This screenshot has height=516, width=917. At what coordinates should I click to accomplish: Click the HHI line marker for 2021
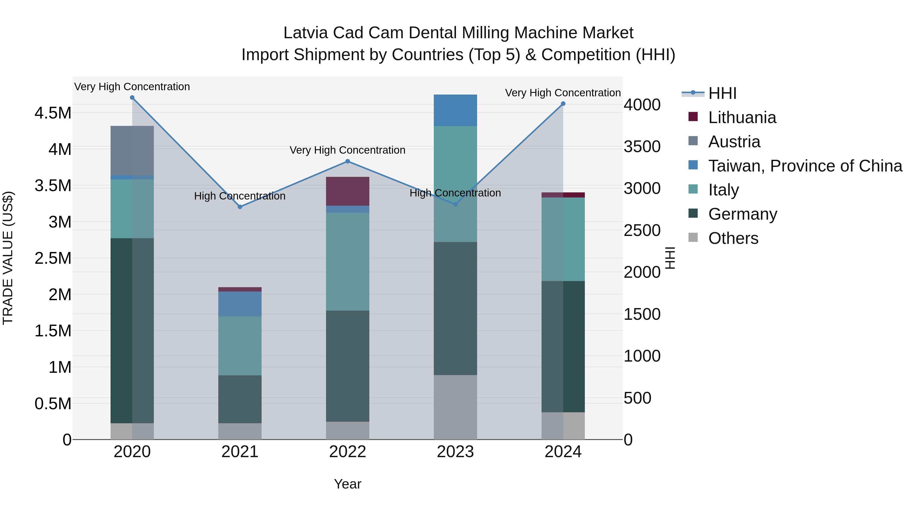click(240, 207)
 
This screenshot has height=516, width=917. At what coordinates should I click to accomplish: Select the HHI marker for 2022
click(348, 161)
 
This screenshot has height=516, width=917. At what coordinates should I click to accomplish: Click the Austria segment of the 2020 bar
click(132, 150)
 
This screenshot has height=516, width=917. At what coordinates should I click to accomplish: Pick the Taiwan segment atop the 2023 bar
click(455, 110)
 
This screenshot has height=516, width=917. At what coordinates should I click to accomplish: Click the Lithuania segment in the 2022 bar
click(348, 191)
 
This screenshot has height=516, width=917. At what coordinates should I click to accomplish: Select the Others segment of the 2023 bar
click(455, 407)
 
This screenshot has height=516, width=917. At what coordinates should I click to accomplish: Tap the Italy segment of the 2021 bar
click(240, 346)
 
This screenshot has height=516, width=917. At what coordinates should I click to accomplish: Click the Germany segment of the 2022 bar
click(348, 366)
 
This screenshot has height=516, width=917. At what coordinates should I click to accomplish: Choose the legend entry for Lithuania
click(741, 117)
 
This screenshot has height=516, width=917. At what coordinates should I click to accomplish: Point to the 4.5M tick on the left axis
click(53, 113)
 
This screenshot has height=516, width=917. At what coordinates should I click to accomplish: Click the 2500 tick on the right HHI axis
click(642, 230)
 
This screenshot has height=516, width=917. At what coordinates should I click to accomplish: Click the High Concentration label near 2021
click(240, 196)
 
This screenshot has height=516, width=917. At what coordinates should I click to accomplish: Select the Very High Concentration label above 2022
click(347, 150)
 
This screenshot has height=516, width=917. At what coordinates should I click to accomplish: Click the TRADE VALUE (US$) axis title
click(8, 258)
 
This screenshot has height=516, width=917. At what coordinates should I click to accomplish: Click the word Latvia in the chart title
click(305, 33)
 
